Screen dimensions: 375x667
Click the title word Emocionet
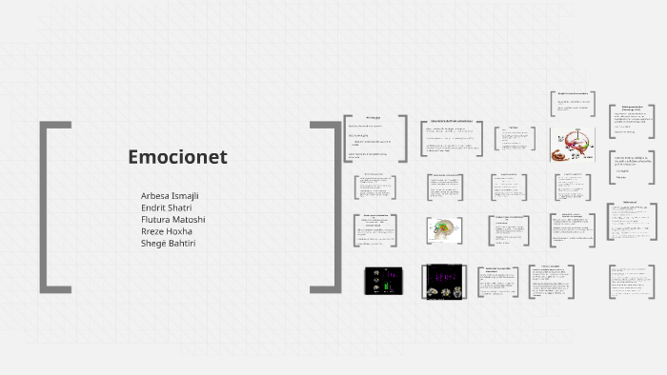coord(177,158)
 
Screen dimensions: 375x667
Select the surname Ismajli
coord(188,196)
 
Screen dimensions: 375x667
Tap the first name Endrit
coord(153,207)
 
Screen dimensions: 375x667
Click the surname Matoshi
coord(191,220)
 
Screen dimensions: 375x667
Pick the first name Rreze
coord(153,231)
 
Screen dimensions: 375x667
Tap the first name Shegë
coord(154,244)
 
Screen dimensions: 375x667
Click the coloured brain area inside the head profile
coord(442,227)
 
